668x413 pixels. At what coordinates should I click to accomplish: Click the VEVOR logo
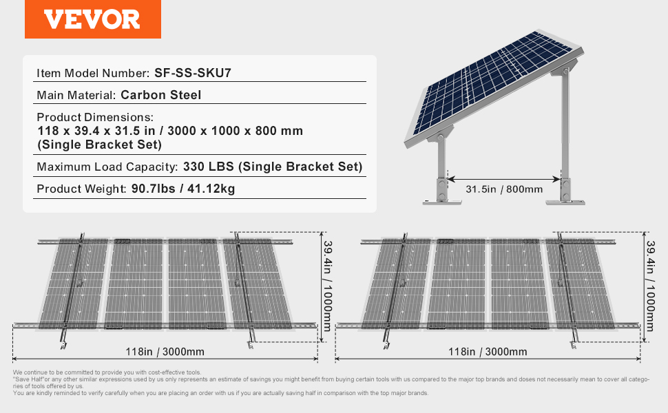point(92,19)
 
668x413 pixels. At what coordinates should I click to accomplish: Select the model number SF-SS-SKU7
point(193,73)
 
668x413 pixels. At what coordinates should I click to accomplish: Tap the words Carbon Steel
point(160,95)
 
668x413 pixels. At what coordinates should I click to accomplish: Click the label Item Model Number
point(93,73)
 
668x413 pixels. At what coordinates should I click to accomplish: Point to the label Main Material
point(76,95)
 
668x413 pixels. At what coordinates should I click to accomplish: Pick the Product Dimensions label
point(95,117)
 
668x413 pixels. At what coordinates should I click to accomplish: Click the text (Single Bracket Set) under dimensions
point(100,145)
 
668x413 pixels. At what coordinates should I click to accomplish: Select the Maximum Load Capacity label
point(107,167)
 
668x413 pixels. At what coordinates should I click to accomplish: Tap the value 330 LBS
point(209,167)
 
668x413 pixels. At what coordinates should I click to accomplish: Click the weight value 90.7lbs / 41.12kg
point(183,189)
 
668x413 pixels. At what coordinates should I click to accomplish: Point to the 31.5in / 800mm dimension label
point(504,189)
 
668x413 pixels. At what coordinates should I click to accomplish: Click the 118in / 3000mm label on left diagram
point(165,352)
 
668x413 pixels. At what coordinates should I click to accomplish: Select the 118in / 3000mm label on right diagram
point(488,352)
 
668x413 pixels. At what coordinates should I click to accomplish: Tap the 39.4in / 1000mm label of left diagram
point(327,286)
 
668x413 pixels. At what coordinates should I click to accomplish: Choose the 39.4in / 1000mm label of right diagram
point(649,286)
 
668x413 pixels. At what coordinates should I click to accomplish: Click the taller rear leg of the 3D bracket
point(565,136)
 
